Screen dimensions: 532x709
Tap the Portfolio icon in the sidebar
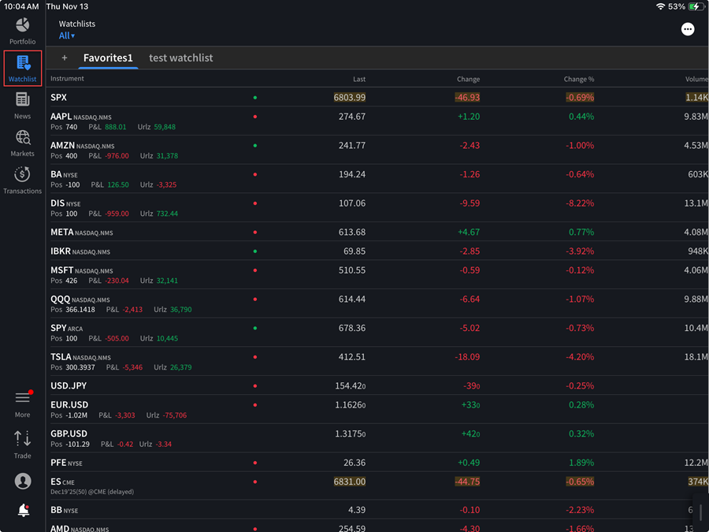(x=22, y=26)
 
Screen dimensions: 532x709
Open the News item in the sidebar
(x=22, y=99)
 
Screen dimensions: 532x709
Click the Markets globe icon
(x=22, y=138)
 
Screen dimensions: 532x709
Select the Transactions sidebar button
(x=22, y=175)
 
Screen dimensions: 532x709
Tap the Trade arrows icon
(x=22, y=439)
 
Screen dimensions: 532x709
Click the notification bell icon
(x=23, y=511)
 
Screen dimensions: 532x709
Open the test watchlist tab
(x=180, y=58)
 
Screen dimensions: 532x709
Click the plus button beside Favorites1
(x=65, y=58)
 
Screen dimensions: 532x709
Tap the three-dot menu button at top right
(x=688, y=29)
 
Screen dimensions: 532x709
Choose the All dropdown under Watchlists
(x=67, y=35)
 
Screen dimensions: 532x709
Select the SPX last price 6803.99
(x=350, y=98)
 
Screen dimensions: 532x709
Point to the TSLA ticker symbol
(x=61, y=357)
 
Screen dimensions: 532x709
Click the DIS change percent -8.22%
(x=579, y=203)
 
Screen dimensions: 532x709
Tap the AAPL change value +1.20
(x=468, y=117)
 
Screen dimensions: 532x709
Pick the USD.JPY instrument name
(x=69, y=386)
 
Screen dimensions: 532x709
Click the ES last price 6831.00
(x=350, y=482)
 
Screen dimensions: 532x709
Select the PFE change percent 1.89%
(x=581, y=463)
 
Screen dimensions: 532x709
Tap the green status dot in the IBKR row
(x=255, y=251)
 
